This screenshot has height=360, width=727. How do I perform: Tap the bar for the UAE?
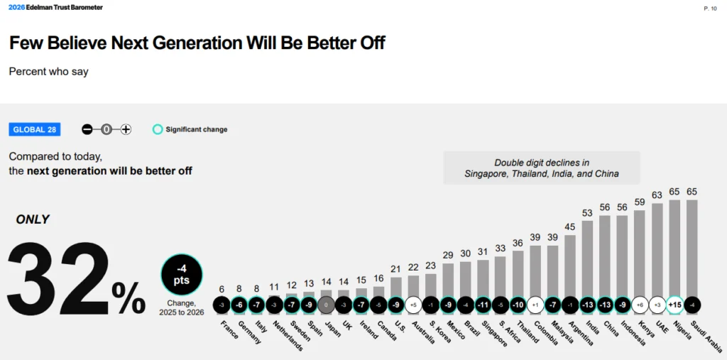(657, 249)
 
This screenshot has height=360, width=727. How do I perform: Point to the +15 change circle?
(674, 305)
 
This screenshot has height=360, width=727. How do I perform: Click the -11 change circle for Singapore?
(483, 305)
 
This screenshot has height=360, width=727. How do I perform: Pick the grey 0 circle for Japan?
(326, 305)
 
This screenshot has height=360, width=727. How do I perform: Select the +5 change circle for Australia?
(413, 305)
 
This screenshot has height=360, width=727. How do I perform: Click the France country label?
(228, 330)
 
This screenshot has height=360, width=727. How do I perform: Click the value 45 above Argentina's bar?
(570, 227)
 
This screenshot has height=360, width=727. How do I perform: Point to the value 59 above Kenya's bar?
(640, 202)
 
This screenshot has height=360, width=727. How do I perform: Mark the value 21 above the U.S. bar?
(395, 268)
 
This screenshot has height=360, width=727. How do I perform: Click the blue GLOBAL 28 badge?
(35, 129)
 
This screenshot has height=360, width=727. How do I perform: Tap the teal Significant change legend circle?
(158, 129)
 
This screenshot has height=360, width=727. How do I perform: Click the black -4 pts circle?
(182, 276)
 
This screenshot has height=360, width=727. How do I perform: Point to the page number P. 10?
(709, 9)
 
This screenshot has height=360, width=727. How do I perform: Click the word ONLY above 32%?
(33, 219)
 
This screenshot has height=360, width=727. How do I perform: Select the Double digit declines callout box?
(541, 168)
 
